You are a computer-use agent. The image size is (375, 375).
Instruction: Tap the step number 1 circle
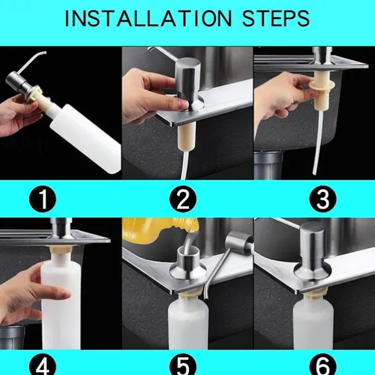pos(43,199)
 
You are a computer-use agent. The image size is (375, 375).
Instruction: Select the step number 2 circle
pos(183,199)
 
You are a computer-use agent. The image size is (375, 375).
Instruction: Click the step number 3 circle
pos(323,199)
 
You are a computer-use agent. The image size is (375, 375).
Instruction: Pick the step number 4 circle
pos(43,366)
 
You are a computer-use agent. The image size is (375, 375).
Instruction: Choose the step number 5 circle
pos(183,366)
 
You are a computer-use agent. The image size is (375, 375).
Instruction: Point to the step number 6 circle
pos(323,366)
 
